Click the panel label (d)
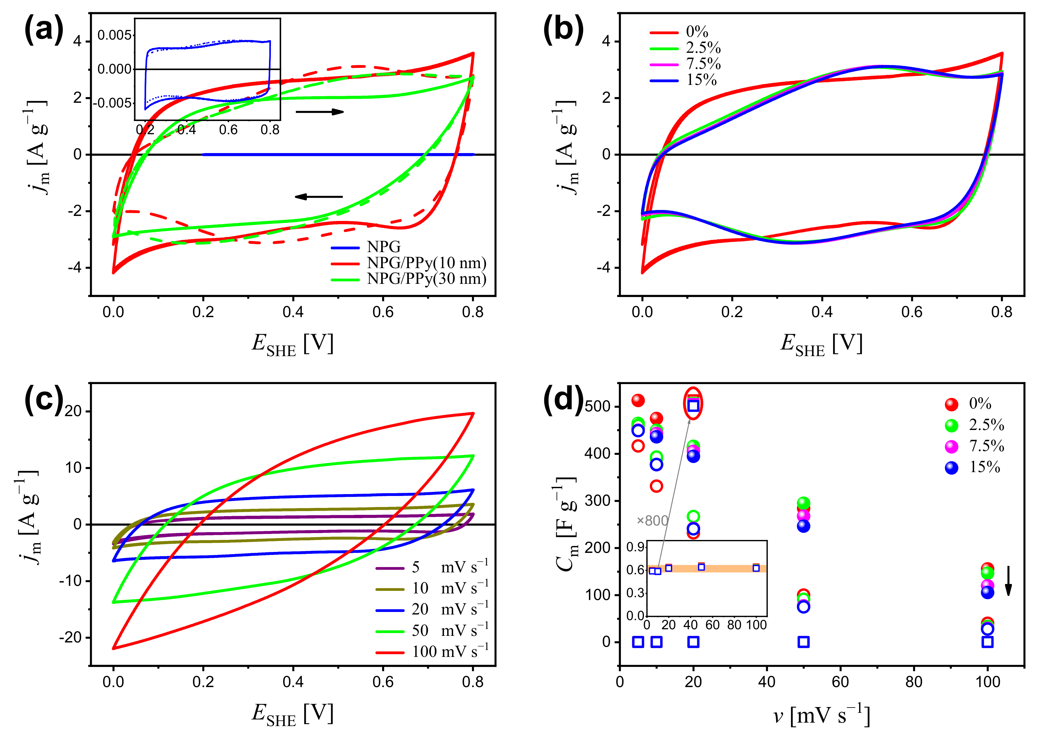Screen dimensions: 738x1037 [x=563, y=400]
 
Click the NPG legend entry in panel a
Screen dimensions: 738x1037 [x=383, y=247]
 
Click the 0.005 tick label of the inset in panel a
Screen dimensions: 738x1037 [x=114, y=36]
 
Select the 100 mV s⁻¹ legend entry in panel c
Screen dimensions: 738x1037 [x=450, y=652]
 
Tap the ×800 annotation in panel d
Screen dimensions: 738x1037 [x=652, y=521]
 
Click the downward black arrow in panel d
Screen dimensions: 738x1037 [x=1008, y=580]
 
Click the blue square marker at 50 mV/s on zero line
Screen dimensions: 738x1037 [x=803, y=642]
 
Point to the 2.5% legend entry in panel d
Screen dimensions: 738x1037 [x=986, y=425]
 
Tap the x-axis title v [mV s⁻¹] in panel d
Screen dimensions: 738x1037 [x=821, y=716]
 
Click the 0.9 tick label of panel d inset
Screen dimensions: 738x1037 [x=635, y=547]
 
